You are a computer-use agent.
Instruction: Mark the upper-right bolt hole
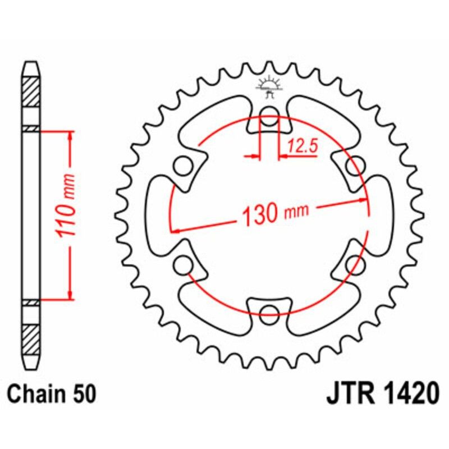(353, 167)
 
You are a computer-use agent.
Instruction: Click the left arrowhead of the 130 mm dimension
(175, 230)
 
